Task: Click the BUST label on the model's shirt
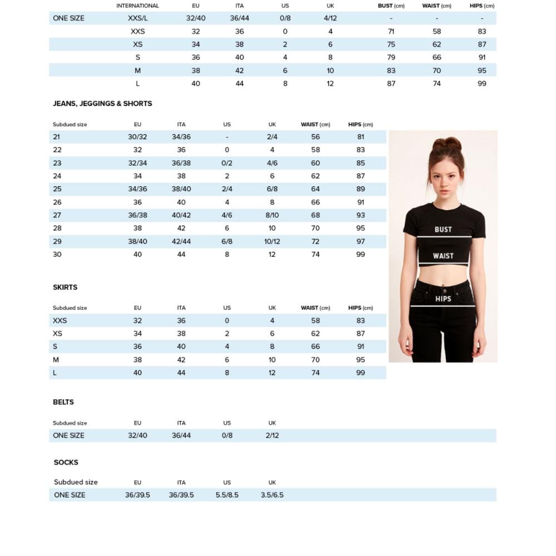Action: click(443, 230)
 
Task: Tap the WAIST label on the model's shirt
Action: click(443, 256)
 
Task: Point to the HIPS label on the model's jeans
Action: click(443, 299)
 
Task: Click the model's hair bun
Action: click(447, 144)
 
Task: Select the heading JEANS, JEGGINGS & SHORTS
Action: click(102, 104)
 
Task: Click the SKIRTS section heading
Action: click(65, 287)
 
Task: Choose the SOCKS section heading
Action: click(66, 463)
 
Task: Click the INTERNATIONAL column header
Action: click(137, 6)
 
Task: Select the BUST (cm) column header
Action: click(391, 6)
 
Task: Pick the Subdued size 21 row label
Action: click(57, 137)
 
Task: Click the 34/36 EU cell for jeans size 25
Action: click(137, 189)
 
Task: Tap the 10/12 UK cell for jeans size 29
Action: click(272, 241)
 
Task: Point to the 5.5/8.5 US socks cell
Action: click(227, 495)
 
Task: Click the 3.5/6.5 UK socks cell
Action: click(272, 495)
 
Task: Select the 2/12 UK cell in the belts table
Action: click(272, 435)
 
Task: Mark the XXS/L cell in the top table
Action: click(137, 18)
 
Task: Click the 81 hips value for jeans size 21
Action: click(361, 137)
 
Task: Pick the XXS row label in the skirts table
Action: click(60, 321)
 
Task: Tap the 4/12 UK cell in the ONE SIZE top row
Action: click(330, 18)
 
